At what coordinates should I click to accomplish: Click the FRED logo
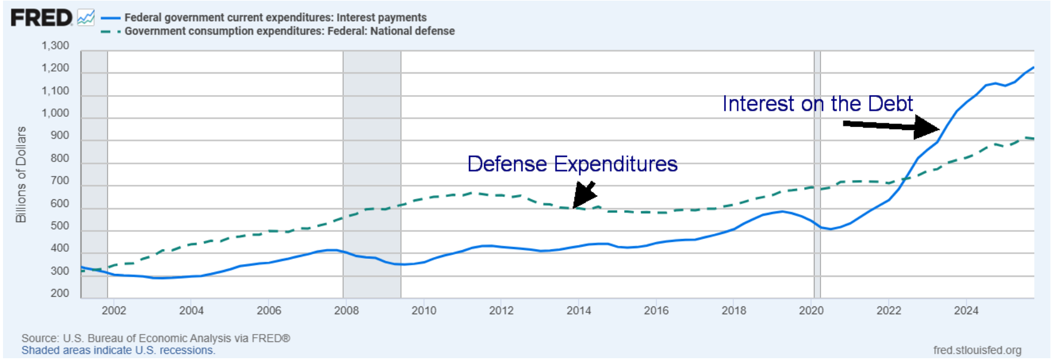point(41,17)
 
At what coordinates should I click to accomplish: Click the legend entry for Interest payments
point(275,17)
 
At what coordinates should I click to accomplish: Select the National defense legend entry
point(289,31)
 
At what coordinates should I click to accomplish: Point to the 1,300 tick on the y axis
point(55,46)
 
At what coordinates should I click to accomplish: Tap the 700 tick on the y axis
point(60,181)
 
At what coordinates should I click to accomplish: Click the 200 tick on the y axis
point(60,293)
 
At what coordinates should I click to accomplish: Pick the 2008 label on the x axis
point(346,311)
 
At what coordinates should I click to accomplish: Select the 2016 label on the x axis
point(656,311)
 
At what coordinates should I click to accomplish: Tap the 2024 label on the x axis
point(966,311)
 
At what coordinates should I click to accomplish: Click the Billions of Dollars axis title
point(21,175)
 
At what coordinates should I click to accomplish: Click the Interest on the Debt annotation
point(817,104)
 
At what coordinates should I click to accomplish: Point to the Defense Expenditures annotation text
point(572,164)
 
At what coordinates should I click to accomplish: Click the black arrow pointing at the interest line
point(891,126)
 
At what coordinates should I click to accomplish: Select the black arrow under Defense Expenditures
point(584,194)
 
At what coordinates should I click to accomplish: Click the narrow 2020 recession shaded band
point(817,175)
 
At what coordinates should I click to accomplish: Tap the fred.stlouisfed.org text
point(977,350)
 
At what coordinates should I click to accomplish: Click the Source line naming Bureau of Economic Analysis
point(156,338)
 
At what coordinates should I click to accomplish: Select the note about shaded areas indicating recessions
point(119,350)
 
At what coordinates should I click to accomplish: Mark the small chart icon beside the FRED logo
point(86,17)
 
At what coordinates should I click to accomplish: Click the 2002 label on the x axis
point(114,311)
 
